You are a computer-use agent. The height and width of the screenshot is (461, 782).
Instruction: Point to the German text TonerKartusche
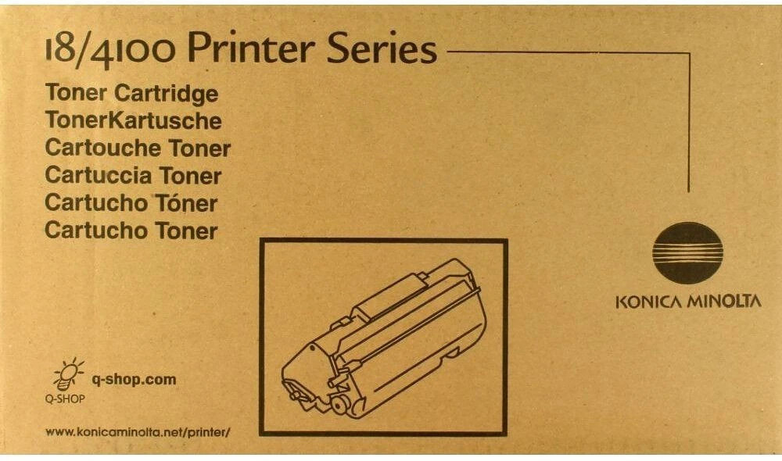[133, 121]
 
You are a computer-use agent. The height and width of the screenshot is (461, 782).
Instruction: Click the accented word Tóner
[184, 203]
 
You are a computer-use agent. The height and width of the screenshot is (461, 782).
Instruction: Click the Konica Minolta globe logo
[687, 252]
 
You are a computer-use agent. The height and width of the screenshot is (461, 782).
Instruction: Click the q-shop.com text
[134, 380]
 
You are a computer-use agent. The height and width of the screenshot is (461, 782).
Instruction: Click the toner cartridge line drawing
[383, 336]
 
